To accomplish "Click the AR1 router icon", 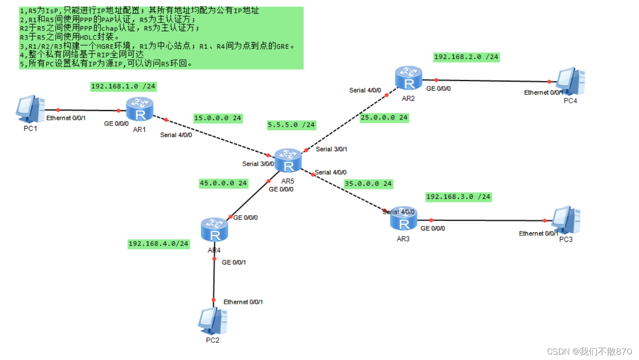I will (x=140, y=109).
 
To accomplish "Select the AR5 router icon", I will (x=288, y=161).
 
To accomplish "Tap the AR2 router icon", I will (x=408, y=78).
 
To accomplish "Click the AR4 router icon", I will (x=215, y=230).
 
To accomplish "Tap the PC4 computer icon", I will (x=570, y=82).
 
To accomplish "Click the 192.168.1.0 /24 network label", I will (x=123, y=86).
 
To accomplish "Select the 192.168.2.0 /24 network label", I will (x=466, y=57).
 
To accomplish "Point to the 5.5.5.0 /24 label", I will (x=291, y=125).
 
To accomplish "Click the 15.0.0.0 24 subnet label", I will (x=217, y=118).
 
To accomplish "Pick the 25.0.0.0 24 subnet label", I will (x=384, y=118).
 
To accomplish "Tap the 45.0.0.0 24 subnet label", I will (x=223, y=183).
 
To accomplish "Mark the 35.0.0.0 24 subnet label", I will (x=368, y=184).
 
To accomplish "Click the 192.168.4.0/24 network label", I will (x=159, y=244).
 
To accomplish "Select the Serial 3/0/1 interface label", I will (x=332, y=149).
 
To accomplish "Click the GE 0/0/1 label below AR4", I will (x=234, y=262).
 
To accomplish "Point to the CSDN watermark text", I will (x=589, y=351).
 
